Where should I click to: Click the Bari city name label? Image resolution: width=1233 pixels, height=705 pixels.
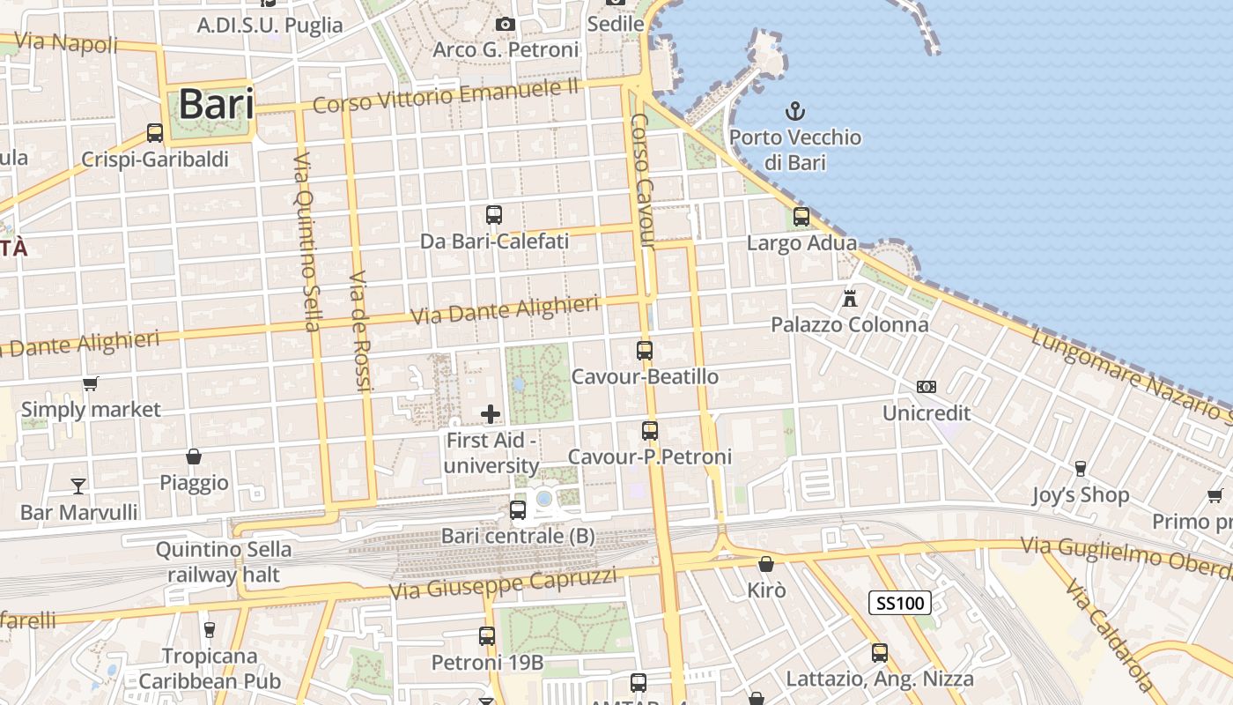tap(216, 104)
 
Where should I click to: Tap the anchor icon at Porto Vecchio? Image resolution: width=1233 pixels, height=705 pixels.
tap(795, 112)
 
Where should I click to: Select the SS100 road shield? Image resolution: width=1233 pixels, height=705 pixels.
tap(900, 603)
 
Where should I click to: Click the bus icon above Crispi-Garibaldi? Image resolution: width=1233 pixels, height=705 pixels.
tap(155, 133)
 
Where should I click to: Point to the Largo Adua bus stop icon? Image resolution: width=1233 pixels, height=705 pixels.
tap(801, 216)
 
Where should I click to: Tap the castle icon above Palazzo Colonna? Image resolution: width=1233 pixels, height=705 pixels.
tap(850, 298)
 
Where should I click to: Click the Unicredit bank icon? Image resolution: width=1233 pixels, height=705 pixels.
tap(927, 387)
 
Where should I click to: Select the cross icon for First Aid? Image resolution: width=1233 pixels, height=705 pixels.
tap(491, 413)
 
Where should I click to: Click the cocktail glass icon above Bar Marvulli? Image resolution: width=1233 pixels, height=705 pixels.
tap(78, 486)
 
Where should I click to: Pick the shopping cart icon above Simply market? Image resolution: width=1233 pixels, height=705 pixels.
tap(90, 383)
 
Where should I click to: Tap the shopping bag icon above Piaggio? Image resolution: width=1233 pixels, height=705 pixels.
tap(194, 456)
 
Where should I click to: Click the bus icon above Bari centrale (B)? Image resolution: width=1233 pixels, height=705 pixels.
tap(518, 509)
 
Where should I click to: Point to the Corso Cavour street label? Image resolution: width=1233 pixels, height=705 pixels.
tap(643, 181)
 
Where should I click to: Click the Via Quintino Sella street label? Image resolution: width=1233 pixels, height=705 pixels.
tap(306, 241)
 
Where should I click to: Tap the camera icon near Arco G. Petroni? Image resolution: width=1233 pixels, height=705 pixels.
tap(506, 24)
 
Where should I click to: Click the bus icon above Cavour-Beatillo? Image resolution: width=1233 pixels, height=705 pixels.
tap(645, 351)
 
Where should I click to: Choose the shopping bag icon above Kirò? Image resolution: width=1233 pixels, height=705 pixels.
tap(766, 564)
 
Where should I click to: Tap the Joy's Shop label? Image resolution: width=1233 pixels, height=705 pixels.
tap(1081, 494)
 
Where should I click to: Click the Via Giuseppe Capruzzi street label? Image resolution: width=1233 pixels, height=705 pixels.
tap(506, 583)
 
